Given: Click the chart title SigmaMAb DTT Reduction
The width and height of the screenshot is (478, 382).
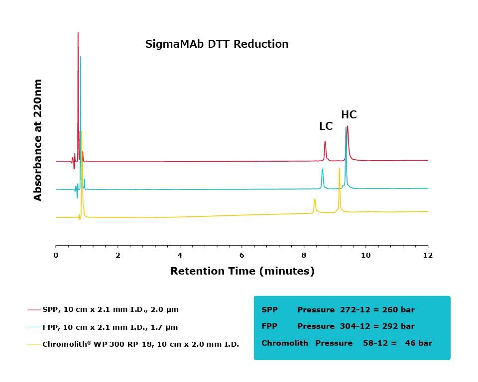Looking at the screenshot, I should point(217,44).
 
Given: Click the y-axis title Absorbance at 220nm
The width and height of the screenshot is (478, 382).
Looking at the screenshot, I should point(38,140).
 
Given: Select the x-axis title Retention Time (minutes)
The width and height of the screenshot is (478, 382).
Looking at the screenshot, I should point(242,271).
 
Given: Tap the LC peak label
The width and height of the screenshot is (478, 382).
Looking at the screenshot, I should point(326,126).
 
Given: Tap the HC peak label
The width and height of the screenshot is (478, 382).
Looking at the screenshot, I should point(349,115).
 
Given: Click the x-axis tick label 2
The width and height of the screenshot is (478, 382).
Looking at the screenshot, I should point(118,255).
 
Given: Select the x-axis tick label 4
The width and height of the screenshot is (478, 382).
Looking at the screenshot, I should point(180,255).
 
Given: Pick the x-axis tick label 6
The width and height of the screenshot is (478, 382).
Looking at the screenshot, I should point(242,255).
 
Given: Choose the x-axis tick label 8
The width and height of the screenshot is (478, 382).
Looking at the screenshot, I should point(304,255).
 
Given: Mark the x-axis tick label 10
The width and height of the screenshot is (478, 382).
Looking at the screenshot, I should point(365,255).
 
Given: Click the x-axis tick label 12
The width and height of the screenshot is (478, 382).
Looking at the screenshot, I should point(428,255).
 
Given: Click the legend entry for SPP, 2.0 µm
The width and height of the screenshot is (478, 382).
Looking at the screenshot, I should point(110,309).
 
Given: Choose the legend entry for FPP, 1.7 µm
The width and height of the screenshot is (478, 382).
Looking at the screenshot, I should point(110,327).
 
